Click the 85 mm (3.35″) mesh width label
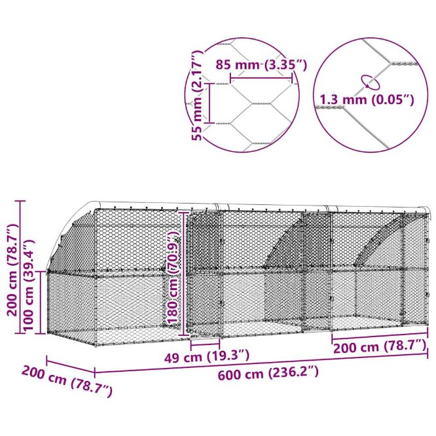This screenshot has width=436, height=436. [261, 65]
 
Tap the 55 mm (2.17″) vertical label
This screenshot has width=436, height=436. [198, 96]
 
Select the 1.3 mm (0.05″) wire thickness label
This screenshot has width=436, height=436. [367, 100]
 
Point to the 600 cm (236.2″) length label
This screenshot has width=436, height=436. [268, 373]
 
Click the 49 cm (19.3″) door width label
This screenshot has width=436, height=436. [207, 357]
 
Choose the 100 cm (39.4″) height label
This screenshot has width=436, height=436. [29, 285]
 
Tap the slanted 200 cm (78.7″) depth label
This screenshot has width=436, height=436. [67, 381]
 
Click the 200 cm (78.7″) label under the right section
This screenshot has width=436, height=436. [380, 347]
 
